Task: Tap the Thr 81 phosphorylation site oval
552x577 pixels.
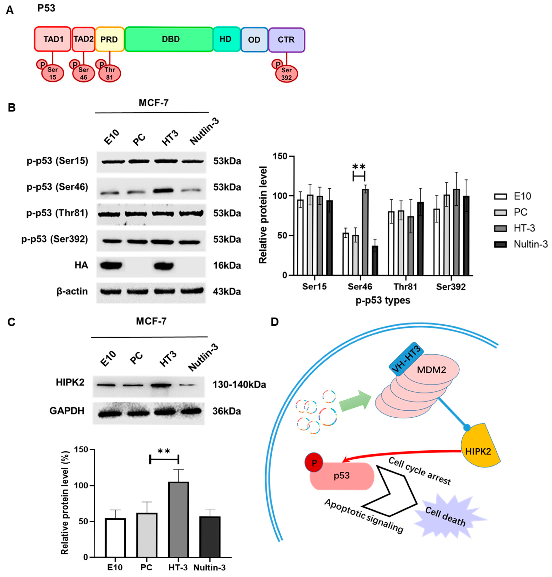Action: pos(109,74)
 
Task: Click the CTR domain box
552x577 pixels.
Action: pos(286,40)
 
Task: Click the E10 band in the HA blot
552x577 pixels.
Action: pos(111,266)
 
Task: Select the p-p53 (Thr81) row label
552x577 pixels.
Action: pos(57,213)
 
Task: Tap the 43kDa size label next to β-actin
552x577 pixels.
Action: pos(227,292)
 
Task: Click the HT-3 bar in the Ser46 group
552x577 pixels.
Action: pos(365,232)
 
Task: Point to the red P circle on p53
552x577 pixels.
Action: pos(314,463)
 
